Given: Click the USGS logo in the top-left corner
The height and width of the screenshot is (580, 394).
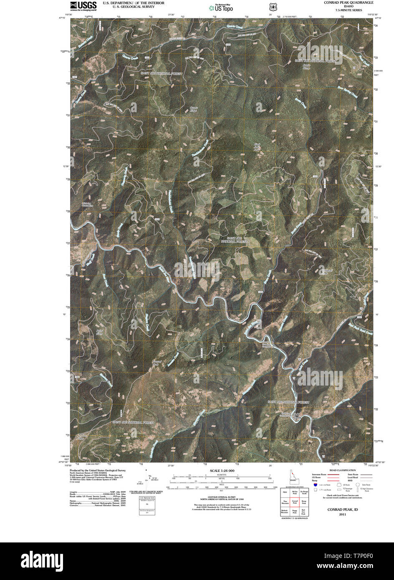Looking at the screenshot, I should pos(83,5).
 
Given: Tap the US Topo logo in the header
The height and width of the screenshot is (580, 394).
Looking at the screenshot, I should pos(221,7).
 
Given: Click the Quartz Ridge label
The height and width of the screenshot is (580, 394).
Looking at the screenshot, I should pos(194,109).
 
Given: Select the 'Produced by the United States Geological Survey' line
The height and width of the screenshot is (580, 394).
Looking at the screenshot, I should pos(97,470).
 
